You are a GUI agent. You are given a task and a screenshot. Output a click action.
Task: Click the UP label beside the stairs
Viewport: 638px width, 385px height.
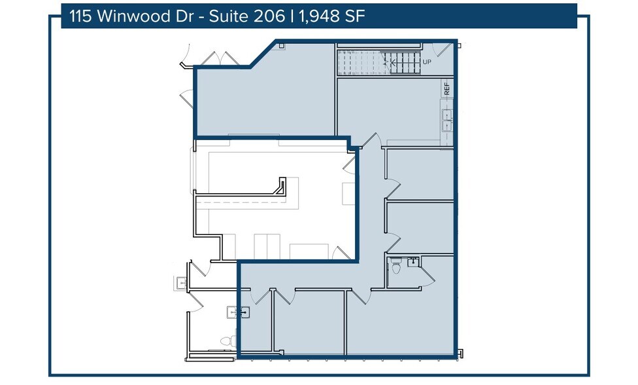[427, 62]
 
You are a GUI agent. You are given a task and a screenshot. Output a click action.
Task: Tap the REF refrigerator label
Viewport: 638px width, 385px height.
[447, 88]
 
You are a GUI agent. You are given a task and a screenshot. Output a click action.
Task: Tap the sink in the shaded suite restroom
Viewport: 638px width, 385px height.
[413, 262]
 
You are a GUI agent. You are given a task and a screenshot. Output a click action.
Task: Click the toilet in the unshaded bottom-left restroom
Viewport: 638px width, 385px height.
[226, 341]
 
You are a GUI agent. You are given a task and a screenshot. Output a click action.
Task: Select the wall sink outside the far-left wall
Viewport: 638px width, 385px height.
[181, 282]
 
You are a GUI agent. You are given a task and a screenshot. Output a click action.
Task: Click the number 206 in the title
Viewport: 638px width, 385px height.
[266, 16]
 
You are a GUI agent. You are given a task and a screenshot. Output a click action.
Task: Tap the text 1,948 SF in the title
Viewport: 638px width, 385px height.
[331, 16]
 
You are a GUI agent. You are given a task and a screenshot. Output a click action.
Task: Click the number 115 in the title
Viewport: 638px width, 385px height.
[82, 16]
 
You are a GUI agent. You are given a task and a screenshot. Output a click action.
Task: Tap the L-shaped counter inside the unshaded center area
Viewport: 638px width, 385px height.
[280, 188]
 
